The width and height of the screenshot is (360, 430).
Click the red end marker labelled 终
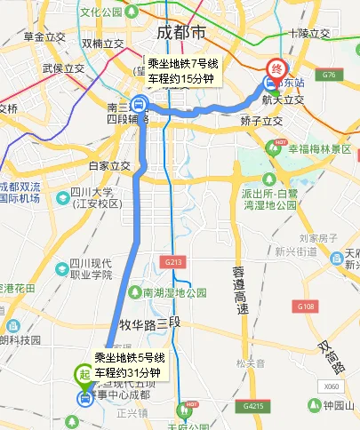coord(276,68)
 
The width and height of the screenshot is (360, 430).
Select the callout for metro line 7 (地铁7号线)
coord(181,72)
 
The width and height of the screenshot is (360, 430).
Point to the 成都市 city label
coord(180,32)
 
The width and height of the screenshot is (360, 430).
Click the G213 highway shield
coord(172,263)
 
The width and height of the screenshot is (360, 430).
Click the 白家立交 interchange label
coord(109,165)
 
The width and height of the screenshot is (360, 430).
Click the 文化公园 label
coord(100,13)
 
